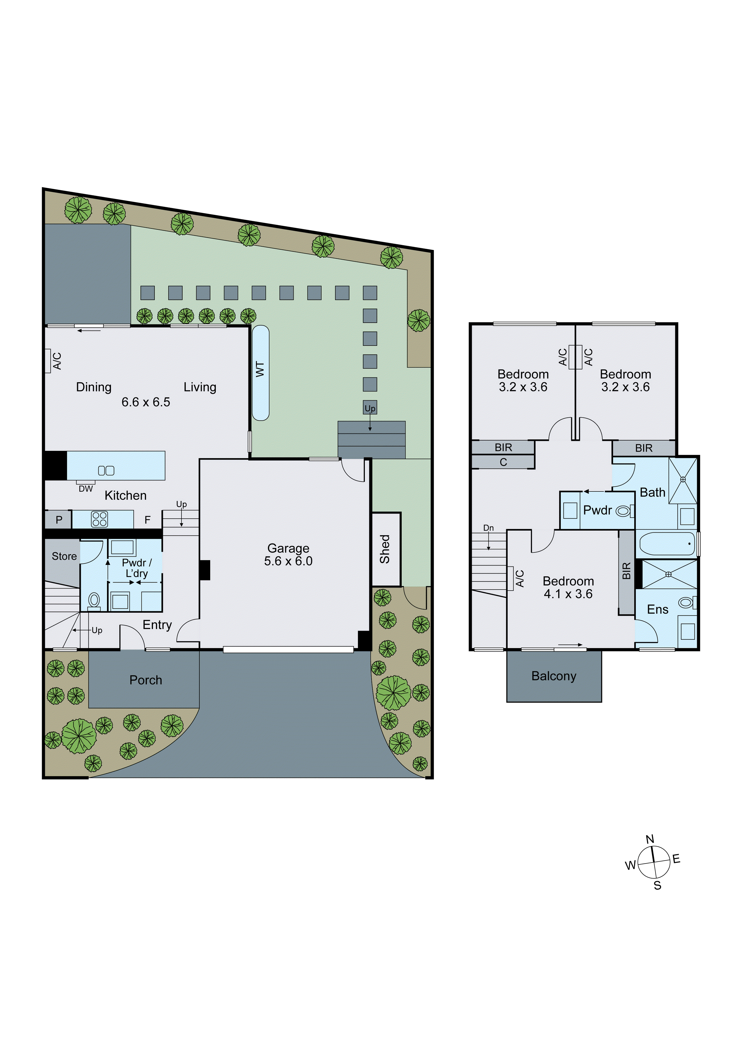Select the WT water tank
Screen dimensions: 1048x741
pyautogui.click(x=260, y=373)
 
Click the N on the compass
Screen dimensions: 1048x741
pyautogui.click(x=650, y=839)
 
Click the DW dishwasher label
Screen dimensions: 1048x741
pyautogui.click(x=86, y=489)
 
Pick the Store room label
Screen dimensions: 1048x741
pyautogui.click(x=64, y=556)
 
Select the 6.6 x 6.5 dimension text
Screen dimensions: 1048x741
pyautogui.click(x=146, y=402)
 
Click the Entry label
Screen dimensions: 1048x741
pyautogui.click(x=157, y=625)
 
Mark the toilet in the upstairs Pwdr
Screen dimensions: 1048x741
pyautogui.click(x=623, y=511)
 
